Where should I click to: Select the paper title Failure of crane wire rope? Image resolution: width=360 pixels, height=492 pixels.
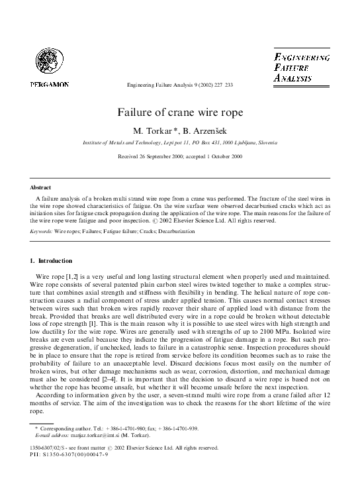pos(180,113)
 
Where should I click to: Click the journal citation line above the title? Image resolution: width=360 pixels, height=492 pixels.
pos(179,85)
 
